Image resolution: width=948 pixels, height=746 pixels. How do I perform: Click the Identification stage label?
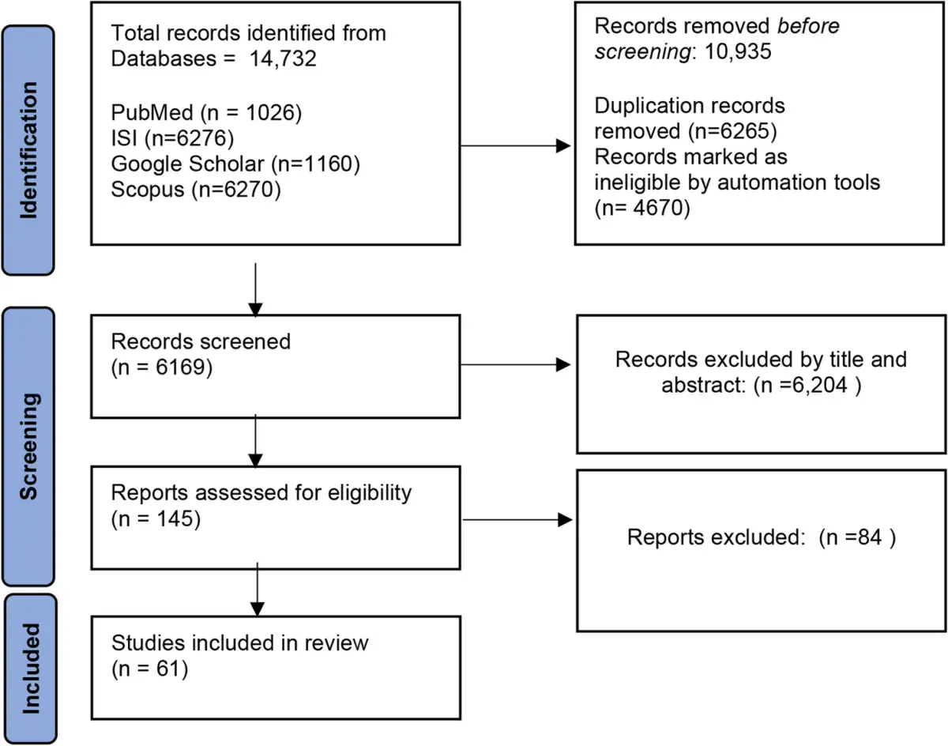tap(28, 150)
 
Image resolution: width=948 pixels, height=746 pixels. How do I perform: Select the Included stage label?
tap(30, 668)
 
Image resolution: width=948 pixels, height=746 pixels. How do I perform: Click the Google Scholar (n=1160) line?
tap(235, 164)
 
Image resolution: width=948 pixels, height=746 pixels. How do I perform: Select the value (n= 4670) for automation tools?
tap(640, 208)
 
